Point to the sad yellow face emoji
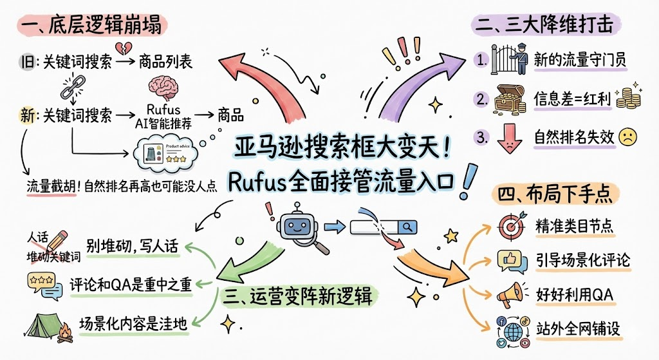(627, 137)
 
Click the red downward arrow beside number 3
(508, 137)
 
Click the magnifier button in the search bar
(407, 226)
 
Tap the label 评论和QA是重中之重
(131, 284)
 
